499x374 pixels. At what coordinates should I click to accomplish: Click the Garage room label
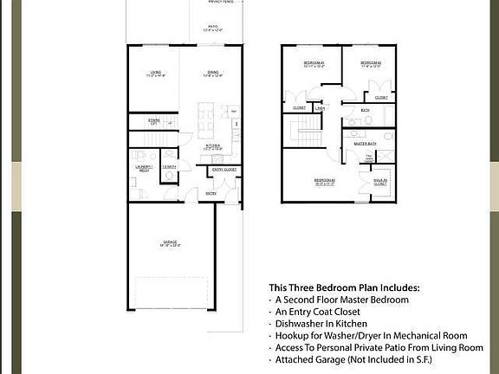[x=171, y=243]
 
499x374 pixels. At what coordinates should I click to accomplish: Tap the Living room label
[x=156, y=74]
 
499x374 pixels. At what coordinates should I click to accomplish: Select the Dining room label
[x=212, y=74]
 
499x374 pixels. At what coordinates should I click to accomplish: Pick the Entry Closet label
[x=224, y=171]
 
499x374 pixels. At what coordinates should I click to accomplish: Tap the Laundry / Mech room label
[x=143, y=169]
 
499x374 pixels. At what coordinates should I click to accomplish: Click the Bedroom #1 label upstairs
[x=314, y=65]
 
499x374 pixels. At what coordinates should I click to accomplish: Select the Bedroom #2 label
[x=373, y=65]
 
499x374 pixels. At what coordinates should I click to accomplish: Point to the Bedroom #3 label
[x=325, y=182]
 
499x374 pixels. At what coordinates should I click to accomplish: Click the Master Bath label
[x=366, y=144]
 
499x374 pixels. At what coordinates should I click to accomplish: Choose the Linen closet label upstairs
[x=321, y=108]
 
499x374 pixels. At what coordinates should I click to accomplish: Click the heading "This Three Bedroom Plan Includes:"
[x=344, y=287]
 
